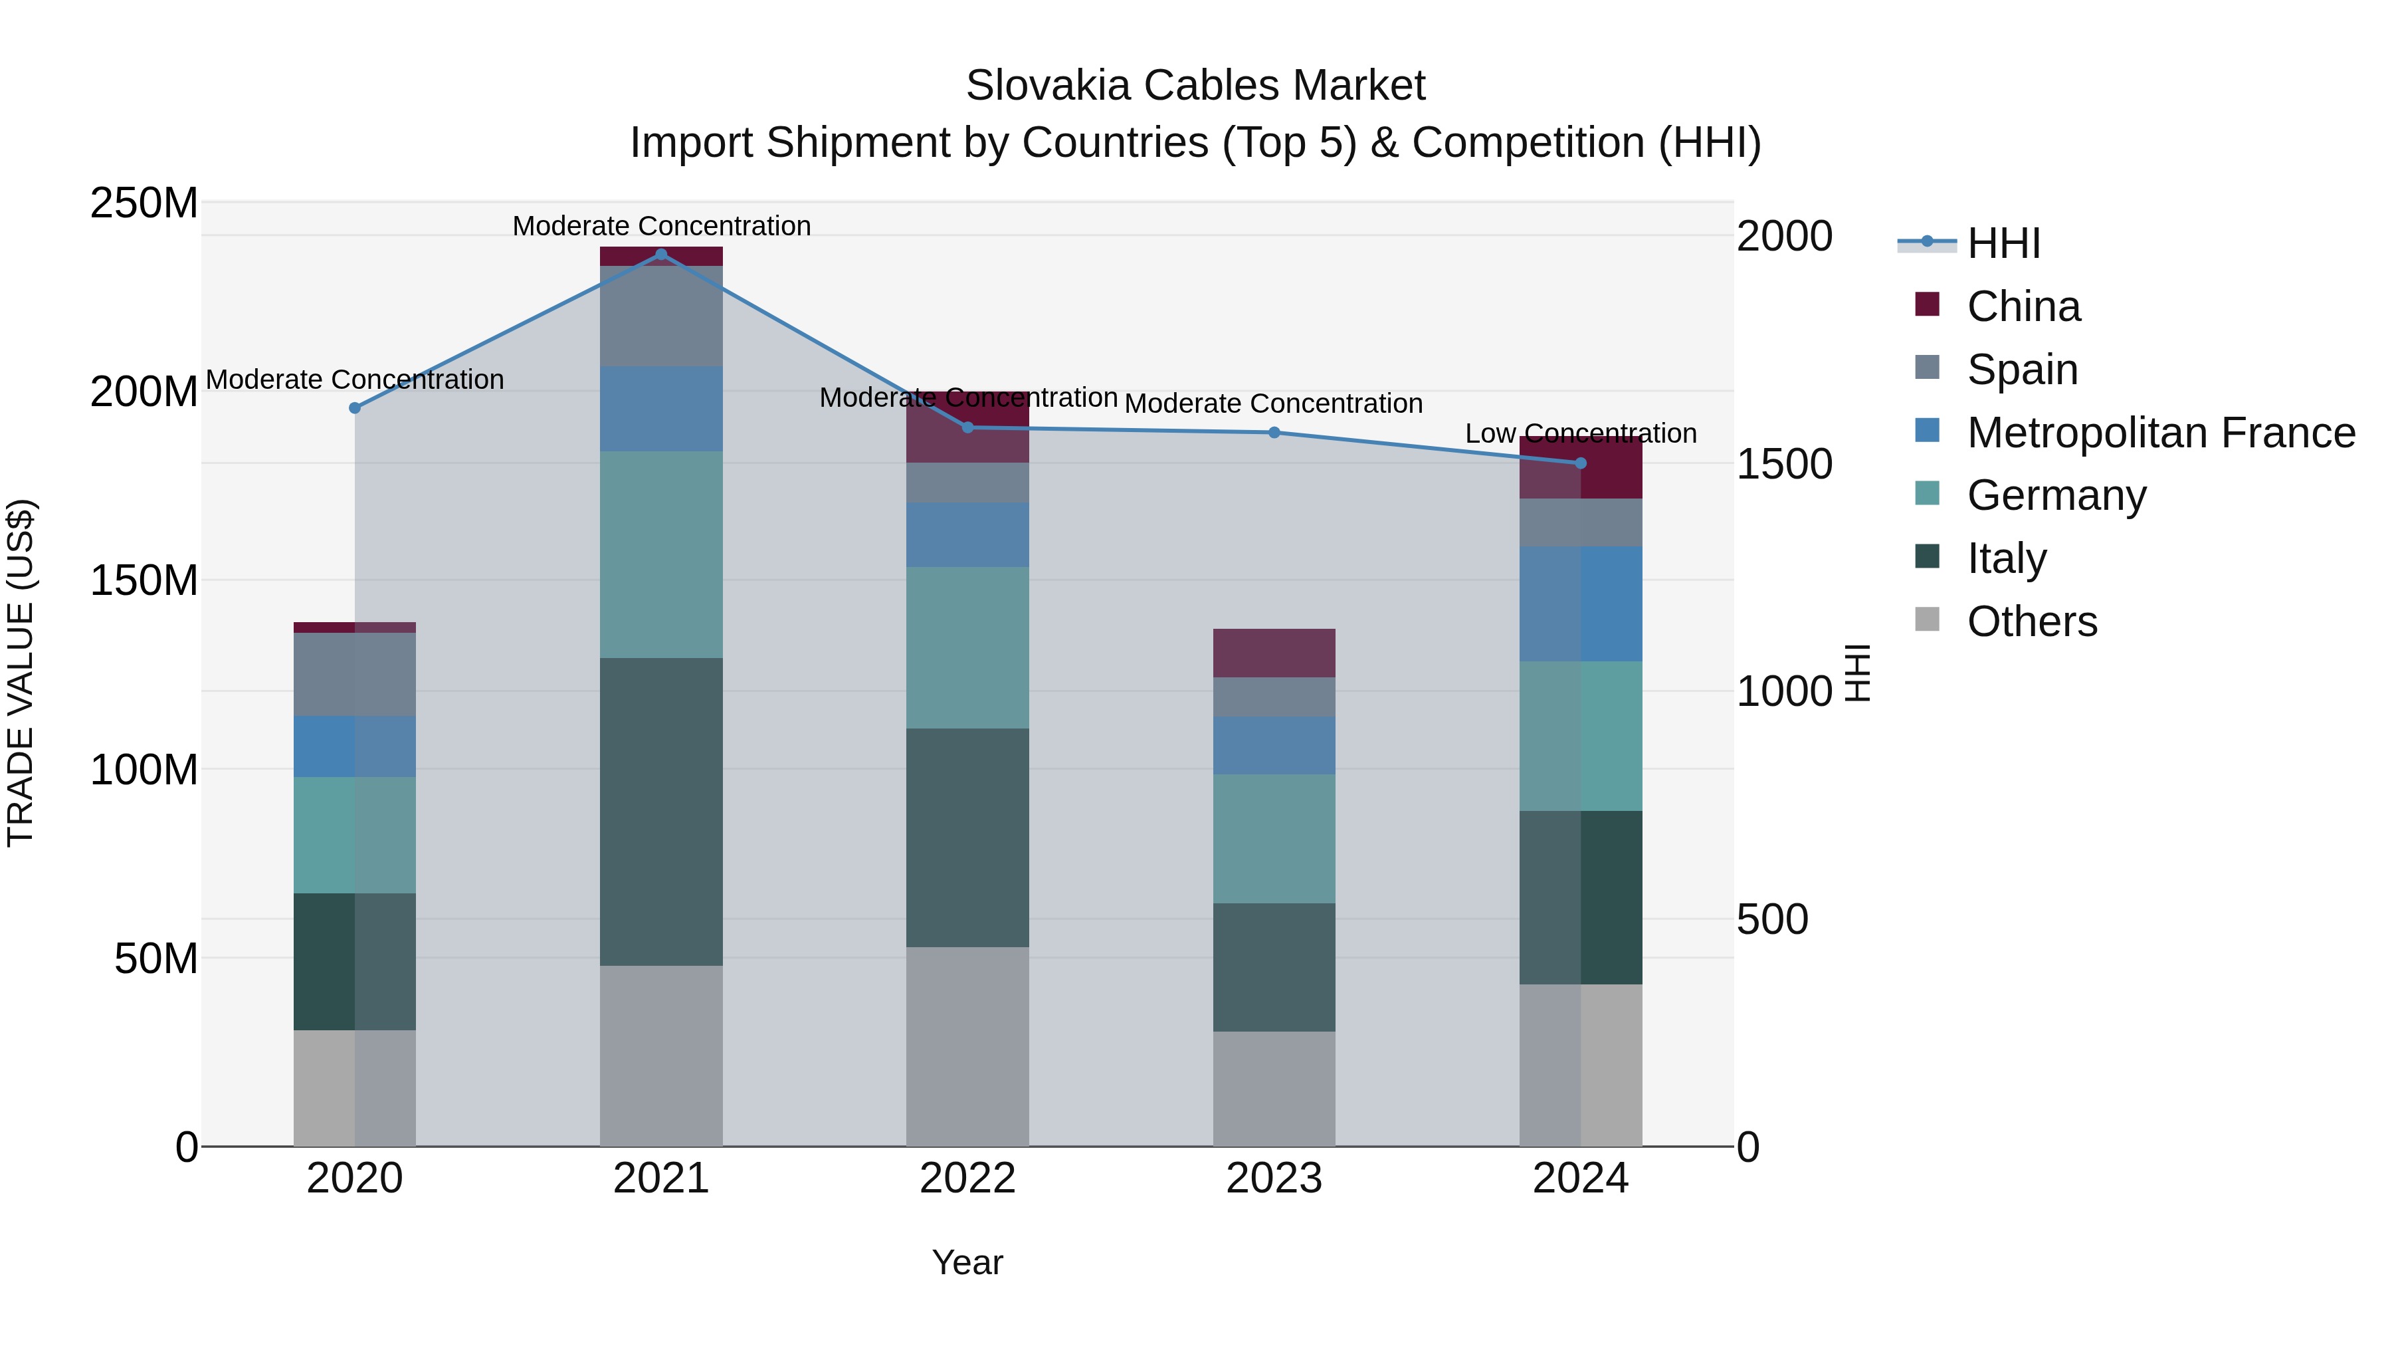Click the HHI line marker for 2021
[661, 254]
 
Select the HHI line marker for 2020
[355, 408]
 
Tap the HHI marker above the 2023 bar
[1274, 432]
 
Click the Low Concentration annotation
[1581, 434]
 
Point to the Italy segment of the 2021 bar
[661, 811]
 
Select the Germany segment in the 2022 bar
[967, 647]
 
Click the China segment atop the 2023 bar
[1274, 652]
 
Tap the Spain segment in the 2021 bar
[661, 316]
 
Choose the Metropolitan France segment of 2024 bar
[1581, 604]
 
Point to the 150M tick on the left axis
[144, 580]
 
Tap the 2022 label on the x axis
[967, 1178]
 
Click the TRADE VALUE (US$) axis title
[21, 673]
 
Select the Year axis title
[967, 1262]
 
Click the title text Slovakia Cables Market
[1195, 86]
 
